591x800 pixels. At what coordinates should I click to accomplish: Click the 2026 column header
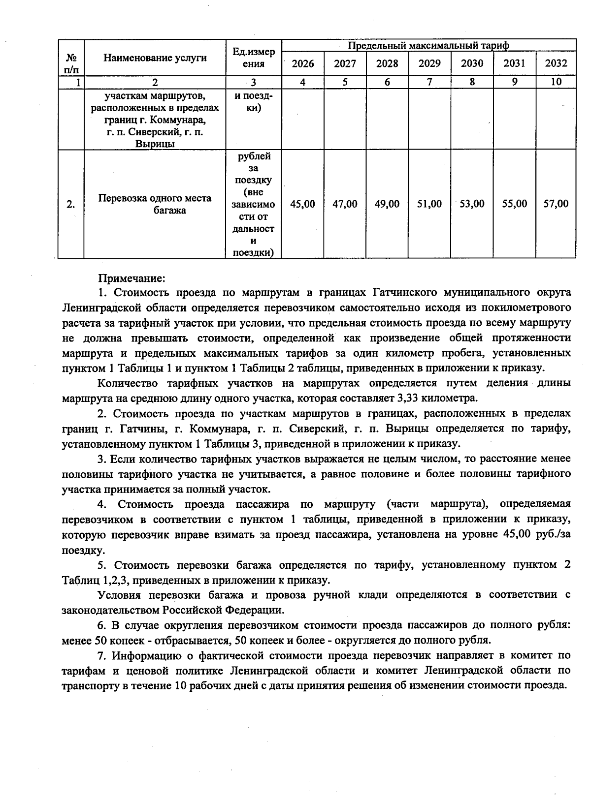302,63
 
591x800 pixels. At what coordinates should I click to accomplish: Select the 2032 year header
556,63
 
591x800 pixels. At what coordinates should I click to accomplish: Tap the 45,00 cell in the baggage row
302,204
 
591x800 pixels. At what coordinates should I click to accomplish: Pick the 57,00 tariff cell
556,204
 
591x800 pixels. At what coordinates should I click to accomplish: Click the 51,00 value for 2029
429,204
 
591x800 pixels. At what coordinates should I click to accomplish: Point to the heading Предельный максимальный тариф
428,45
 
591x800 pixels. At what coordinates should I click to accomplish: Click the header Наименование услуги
155,58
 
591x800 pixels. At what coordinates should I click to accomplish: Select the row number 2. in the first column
71,204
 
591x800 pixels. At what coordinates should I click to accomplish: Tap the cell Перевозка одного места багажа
155,204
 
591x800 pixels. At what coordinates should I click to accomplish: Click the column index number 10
556,82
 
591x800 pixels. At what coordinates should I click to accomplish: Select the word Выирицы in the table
155,144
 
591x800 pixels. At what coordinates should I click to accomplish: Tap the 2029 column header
429,63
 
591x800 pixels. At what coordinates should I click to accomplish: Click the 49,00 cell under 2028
387,204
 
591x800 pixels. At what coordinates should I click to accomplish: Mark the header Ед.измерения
254,58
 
